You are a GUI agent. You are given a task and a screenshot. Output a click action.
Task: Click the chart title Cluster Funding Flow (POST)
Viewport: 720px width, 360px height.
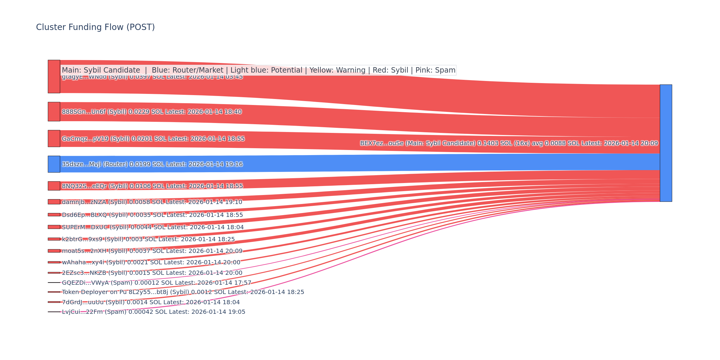tap(95, 27)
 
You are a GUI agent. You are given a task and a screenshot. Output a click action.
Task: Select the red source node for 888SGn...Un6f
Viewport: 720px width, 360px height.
tap(54, 112)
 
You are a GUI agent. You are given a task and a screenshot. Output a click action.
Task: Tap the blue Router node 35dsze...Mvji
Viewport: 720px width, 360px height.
tap(54, 164)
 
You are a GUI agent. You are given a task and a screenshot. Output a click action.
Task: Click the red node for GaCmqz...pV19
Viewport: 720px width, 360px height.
tap(54, 139)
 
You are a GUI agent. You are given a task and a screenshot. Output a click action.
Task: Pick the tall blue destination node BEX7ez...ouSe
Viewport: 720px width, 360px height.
tap(666, 143)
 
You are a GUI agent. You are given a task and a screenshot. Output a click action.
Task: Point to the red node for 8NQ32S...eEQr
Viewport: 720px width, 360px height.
tap(54, 186)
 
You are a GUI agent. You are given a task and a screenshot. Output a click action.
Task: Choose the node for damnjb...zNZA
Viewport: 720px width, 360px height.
tap(54, 202)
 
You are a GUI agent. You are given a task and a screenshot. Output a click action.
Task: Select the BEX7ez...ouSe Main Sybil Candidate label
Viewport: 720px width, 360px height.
tap(509, 143)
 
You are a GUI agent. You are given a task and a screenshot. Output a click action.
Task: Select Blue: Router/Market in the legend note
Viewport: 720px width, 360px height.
tap(187, 70)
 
